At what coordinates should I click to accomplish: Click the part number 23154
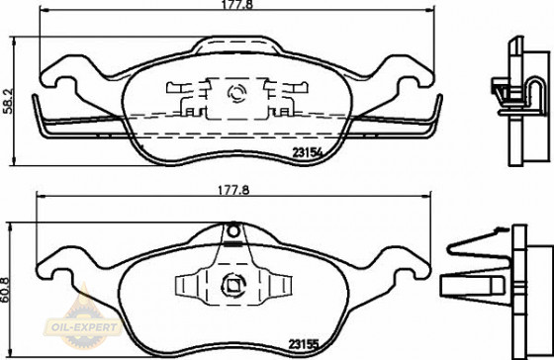click(x=307, y=152)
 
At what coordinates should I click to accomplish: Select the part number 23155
click(x=304, y=344)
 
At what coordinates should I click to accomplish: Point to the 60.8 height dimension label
click(x=5, y=290)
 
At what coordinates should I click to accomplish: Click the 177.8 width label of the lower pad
click(x=233, y=190)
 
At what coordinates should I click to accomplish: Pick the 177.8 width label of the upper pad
click(x=237, y=5)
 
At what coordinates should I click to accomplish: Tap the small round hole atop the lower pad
click(x=233, y=231)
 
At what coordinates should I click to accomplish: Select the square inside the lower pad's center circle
click(x=232, y=285)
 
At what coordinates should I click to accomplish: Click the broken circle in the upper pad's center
click(x=237, y=94)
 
